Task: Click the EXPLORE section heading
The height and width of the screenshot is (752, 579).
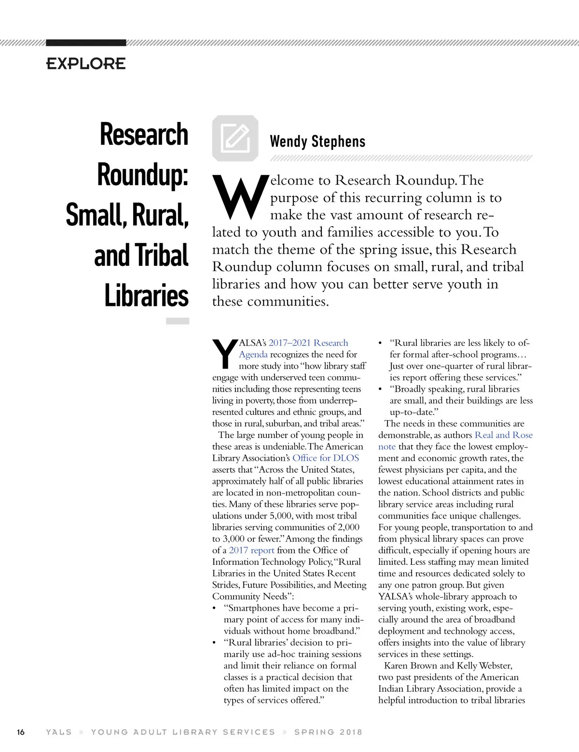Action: [86, 64]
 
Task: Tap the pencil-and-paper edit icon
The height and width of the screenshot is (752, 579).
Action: [235, 138]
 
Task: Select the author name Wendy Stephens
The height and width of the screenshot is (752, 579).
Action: [317, 141]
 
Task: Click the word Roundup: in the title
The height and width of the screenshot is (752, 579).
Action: [142, 175]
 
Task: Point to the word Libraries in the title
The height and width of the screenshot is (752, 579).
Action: [146, 296]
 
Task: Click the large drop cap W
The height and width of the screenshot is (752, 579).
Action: [240, 197]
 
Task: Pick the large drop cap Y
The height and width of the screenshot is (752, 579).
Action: [224, 354]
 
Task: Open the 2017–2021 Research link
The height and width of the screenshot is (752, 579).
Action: [308, 343]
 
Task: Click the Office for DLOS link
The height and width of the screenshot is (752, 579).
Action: [326, 458]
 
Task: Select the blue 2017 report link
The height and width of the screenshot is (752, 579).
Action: [251, 550]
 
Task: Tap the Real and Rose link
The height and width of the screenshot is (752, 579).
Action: [503, 435]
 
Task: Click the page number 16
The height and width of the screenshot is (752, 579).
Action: [21, 732]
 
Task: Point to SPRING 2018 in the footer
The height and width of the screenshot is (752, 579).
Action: [328, 732]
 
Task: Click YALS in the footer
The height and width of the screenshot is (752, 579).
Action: [58, 732]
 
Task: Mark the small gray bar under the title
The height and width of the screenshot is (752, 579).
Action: [178, 321]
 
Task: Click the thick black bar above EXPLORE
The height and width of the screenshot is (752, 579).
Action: [86, 43]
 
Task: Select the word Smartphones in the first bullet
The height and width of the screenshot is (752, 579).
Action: [254, 608]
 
